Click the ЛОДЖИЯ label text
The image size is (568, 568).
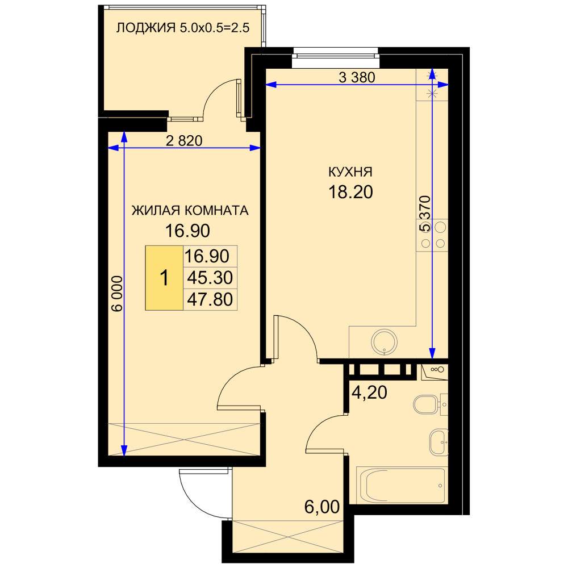pyautogui.click(x=145, y=27)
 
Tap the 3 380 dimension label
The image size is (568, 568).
pyautogui.click(x=357, y=77)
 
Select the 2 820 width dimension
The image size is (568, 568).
pyautogui.click(x=184, y=140)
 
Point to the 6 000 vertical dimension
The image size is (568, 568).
pyautogui.click(x=117, y=294)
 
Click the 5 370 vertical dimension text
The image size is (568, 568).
pyautogui.click(x=425, y=214)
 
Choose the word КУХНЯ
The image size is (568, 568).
pyautogui.click(x=350, y=172)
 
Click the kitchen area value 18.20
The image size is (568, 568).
pyautogui.click(x=350, y=192)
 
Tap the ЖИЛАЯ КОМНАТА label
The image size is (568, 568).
pyautogui.click(x=190, y=211)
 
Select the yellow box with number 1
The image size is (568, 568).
pyautogui.click(x=164, y=278)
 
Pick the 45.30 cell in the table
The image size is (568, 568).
pyautogui.click(x=210, y=278)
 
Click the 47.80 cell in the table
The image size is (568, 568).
pyautogui.click(x=210, y=299)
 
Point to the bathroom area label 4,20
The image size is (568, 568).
pyautogui.click(x=369, y=392)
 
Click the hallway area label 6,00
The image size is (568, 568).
pyautogui.click(x=322, y=507)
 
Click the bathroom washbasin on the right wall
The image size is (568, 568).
pyautogui.click(x=438, y=442)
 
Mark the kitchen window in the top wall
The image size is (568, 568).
pyautogui.click(x=336, y=57)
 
